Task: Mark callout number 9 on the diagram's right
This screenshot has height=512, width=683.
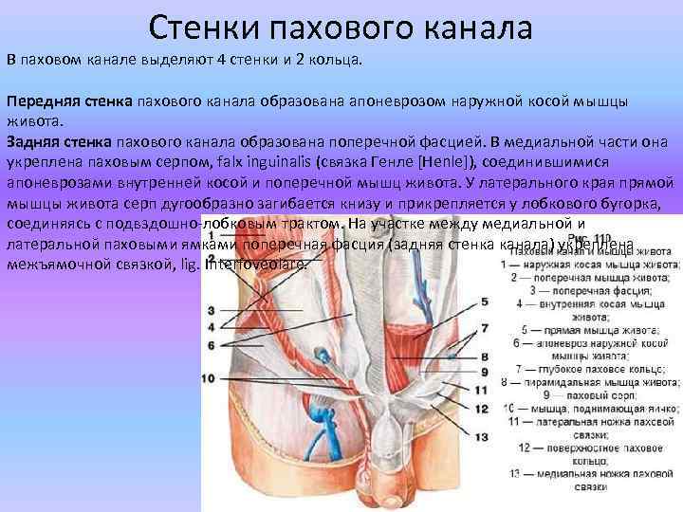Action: tap(484, 372)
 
